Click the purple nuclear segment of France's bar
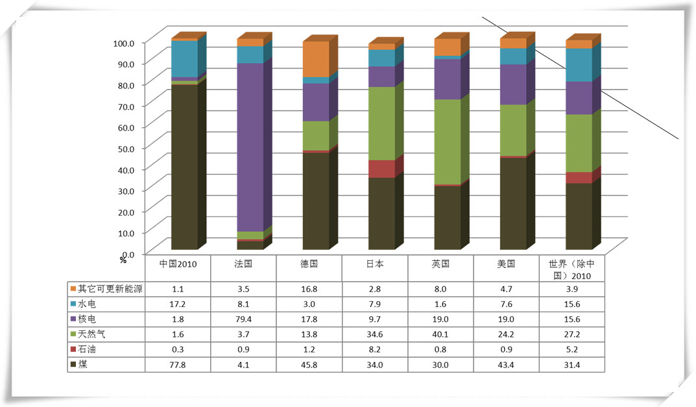pos(250,147)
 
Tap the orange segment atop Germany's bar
pos(316,59)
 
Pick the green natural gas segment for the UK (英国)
pos(447,142)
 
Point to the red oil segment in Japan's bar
pos(381,169)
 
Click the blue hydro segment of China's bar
pos(184,59)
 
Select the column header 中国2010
pos(178,264)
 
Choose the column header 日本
pos(375,264)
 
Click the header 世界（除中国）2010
pos(571,269)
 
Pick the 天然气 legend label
pos(91,333)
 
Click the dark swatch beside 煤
pos(73,364)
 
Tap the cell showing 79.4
pos(244,318)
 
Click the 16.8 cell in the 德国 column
pos(309,288)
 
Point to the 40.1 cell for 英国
pos(440,333)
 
